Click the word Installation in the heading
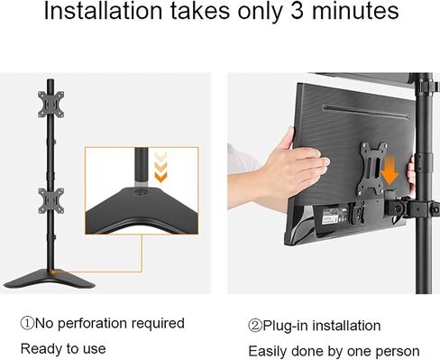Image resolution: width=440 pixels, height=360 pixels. click(x=103, y=11)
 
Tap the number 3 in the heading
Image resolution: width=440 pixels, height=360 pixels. click(x=297, y=11)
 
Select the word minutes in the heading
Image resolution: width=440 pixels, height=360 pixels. click(x=355, y=11)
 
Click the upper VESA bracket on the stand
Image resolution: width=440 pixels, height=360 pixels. click(x=50, y=105)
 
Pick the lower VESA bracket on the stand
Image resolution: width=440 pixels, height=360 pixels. click(x=51, y=201)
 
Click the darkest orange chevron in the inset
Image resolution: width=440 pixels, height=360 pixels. click(x=160, y=177)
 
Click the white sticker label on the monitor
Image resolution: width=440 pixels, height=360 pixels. click(x=330, y=218)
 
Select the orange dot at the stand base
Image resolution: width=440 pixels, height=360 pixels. click(x=53, y=272)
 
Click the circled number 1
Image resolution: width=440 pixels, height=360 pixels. click(x=27, y=323)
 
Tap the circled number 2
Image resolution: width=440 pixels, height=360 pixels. click(x=255, y=326)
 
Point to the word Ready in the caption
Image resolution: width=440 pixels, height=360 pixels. click(x=41, y=349)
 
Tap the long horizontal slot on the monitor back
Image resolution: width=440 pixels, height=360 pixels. click(x=366, y=112)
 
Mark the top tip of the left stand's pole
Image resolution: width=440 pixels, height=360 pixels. click(x=50, y=79)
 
